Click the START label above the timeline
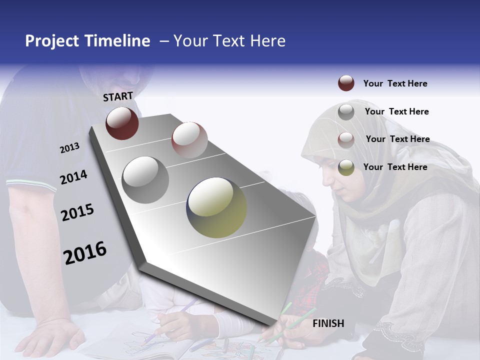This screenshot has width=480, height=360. pyautogui.click(x=118, y=96)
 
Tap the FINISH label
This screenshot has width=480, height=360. pyautogui.click(x=328, y=323)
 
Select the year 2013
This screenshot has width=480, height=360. pyautogui.click(x=69, y=148)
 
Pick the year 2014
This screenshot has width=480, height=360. pyautogui.click(x=73, y=177)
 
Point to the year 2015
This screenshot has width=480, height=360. pyautogui.click(x=77, y=212)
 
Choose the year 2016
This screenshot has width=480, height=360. pyautogui.click(x=85, y=252)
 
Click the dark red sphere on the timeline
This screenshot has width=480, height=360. pyautogui.click(x=122, y=123)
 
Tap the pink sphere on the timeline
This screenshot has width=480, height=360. pyautogui.click(x=189, y=139)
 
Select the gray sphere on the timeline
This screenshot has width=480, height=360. pyautogui.click(x=145, y=179)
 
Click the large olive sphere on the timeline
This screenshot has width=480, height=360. pyautogui.click(x=216, y=207)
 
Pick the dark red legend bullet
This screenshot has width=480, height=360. pyautogui.click(x=346, y=83)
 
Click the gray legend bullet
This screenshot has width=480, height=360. pyautogui.click(x=346, y=112)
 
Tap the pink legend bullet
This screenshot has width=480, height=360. pyautogui.click(x=346, y=140)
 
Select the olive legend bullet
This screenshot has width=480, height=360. pyautogui.click(x=346, y=167)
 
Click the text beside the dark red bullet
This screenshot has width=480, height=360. pyautogui.click(x=395, y=83)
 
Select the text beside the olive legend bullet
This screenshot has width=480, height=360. pyautogui.click(x=395, y=167)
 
